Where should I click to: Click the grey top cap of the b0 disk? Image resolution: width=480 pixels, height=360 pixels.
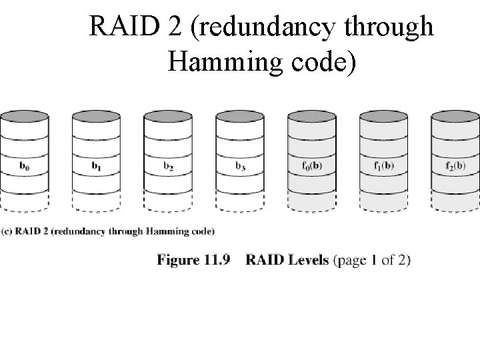point(25,116)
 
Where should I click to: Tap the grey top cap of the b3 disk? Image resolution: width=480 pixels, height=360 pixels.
point(241,116)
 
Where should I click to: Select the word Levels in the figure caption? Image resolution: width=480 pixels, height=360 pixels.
point(308,259)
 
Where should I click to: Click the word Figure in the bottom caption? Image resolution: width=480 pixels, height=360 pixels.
point(178,259)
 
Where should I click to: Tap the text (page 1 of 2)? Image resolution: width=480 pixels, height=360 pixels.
point(371,259)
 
